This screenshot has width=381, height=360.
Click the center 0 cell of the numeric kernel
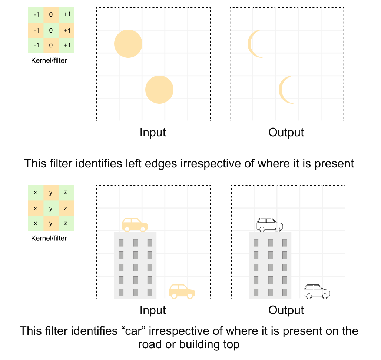[x=51, y=30]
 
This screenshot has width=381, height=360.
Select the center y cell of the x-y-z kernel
[x=51, y=209]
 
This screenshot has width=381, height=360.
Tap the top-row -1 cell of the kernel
[x=36, y=15]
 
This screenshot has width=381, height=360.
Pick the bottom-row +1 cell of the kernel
[x=67, y=45]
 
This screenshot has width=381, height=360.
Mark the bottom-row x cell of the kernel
[x=36, y=223]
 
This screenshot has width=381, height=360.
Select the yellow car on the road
[x=182, y=291]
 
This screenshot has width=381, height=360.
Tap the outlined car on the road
[x=317, y=291]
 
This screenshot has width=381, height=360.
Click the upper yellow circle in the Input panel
[x=128, y=44]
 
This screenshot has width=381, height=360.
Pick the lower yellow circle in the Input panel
[x=159, y=90]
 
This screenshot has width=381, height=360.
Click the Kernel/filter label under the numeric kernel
[x=49, y=60]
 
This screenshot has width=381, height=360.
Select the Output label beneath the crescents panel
[x=286, y=132]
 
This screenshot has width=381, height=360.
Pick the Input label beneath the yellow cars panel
[x=153, y=310]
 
